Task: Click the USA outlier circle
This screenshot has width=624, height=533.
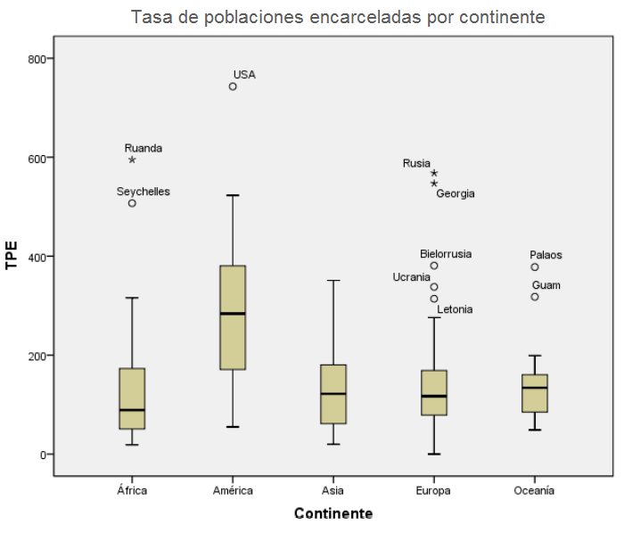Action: pos(233,86)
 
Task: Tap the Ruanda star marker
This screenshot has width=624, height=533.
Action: pos(132,160)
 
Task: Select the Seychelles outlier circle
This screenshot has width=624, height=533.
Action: pos(132,203)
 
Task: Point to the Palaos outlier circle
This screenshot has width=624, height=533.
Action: pos(535,267)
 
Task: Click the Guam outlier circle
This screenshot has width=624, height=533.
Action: pos(535,297)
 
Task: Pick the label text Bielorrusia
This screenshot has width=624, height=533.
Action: pos(446,254)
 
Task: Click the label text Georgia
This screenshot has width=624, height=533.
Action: pos(456,193)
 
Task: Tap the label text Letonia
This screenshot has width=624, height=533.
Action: pos(455,309)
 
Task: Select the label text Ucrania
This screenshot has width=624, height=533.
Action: pos(412,277)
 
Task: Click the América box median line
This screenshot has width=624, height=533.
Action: pos(233,314)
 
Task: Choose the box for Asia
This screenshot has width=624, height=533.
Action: pos(333,394)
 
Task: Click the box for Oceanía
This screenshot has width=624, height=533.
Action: pos(535,393)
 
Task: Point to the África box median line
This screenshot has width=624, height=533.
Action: pos(132,410)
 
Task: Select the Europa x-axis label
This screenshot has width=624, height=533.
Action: pos(433,490)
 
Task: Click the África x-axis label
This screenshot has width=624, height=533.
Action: pos(132,490)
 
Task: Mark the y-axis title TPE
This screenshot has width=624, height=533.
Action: pos(12,256)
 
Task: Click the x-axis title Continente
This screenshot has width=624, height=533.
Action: pos(333,514)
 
